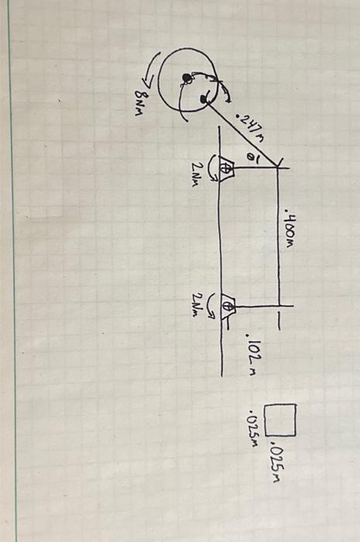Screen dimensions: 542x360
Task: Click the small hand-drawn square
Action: pyautogui.click(x=280, y=419)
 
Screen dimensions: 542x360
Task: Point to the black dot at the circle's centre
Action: pyautogui.click(x=187, y=77)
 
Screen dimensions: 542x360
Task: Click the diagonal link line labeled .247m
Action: pyautogui.click(x=240, y=132)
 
